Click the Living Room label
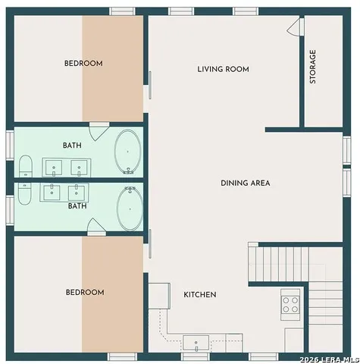[x=223, y=69]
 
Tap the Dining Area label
[x=246, y=183]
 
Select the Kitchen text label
[x=200, y=294]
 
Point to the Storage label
[x=313, y=67]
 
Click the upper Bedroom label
[x=83, y=63]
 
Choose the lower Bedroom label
[x=85, y=292]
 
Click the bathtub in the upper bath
[x=127, y=152]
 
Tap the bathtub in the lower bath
[x=130, y=209]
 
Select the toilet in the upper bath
[x=26, y=166]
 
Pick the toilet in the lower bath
[x=25, y=194]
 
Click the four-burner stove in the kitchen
[x=290, y=305]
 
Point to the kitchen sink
[x=196, y=344]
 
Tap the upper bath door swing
[x=99, y=131]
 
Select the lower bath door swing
[x=96, y=227]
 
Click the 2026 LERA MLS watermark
[x=329, y=359]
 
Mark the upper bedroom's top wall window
[x=122, y=11]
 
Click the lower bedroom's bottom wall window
[x=122, y=356]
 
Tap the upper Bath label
[x=72, y=146]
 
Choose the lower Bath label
[x=77, y=206]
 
